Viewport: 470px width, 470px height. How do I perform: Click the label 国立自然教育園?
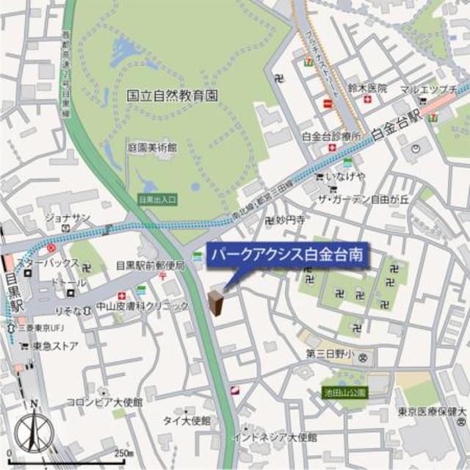pyautogui.click(x=173, y=95)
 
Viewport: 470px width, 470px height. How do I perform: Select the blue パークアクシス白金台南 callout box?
pyautogui.click(x=287, y=256)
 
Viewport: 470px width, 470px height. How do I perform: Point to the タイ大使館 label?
pyautogui.click(x=187, y=421)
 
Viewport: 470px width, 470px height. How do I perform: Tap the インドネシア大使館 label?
pyautogui.click(x=274, y=438)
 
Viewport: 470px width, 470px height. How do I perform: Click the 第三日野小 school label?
pyautogui.click(x=331, y=354)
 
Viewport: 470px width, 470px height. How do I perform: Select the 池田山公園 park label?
pyautogui.click(x=345, y=394)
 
